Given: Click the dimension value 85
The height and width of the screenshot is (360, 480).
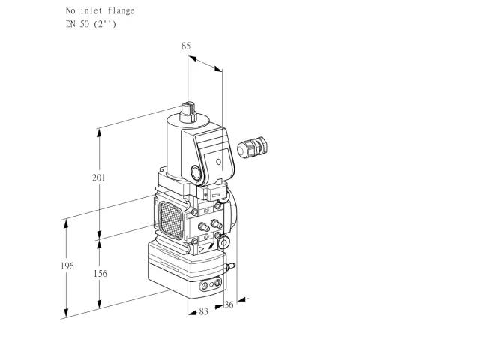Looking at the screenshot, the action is coord(186,46).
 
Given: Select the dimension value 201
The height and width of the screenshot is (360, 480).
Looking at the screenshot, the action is coord(98,178).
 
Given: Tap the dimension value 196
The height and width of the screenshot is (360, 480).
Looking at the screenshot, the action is coord(67,265).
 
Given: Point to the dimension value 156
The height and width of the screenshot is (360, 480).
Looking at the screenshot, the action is coord(100,273).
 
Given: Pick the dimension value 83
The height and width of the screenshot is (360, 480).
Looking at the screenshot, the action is coord(203,311).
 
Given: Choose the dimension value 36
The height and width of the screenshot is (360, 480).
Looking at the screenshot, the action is coord(229,304).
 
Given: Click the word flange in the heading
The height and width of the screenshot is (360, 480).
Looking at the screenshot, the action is coord(121,11).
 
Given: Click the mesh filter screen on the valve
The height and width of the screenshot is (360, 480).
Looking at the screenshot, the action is coord(171,220).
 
